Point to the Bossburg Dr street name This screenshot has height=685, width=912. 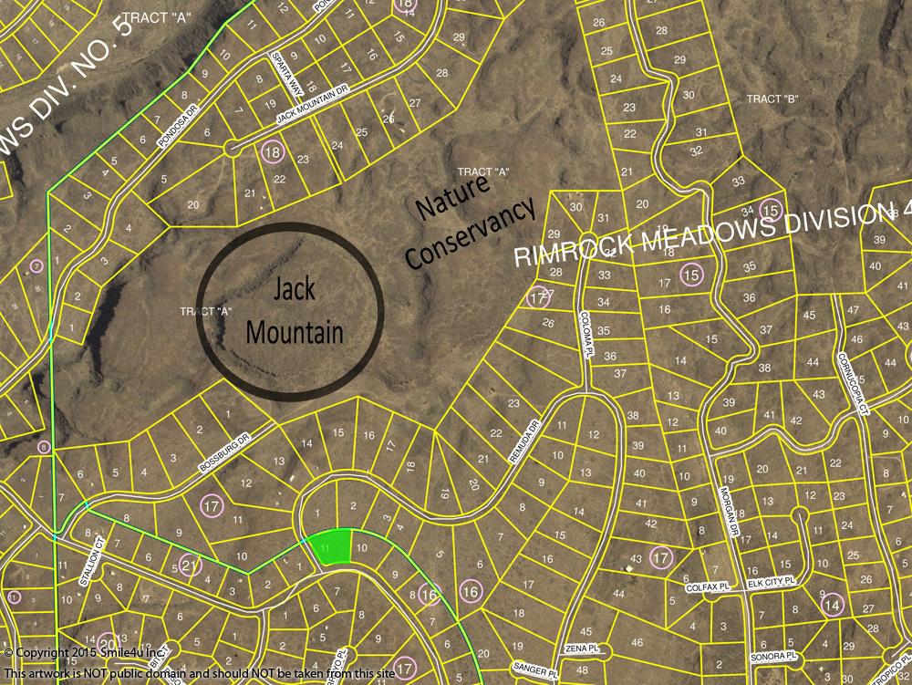223,453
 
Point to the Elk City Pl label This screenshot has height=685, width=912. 772,579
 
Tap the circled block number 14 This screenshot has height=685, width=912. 831,604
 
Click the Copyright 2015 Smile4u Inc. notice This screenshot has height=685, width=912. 85,653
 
